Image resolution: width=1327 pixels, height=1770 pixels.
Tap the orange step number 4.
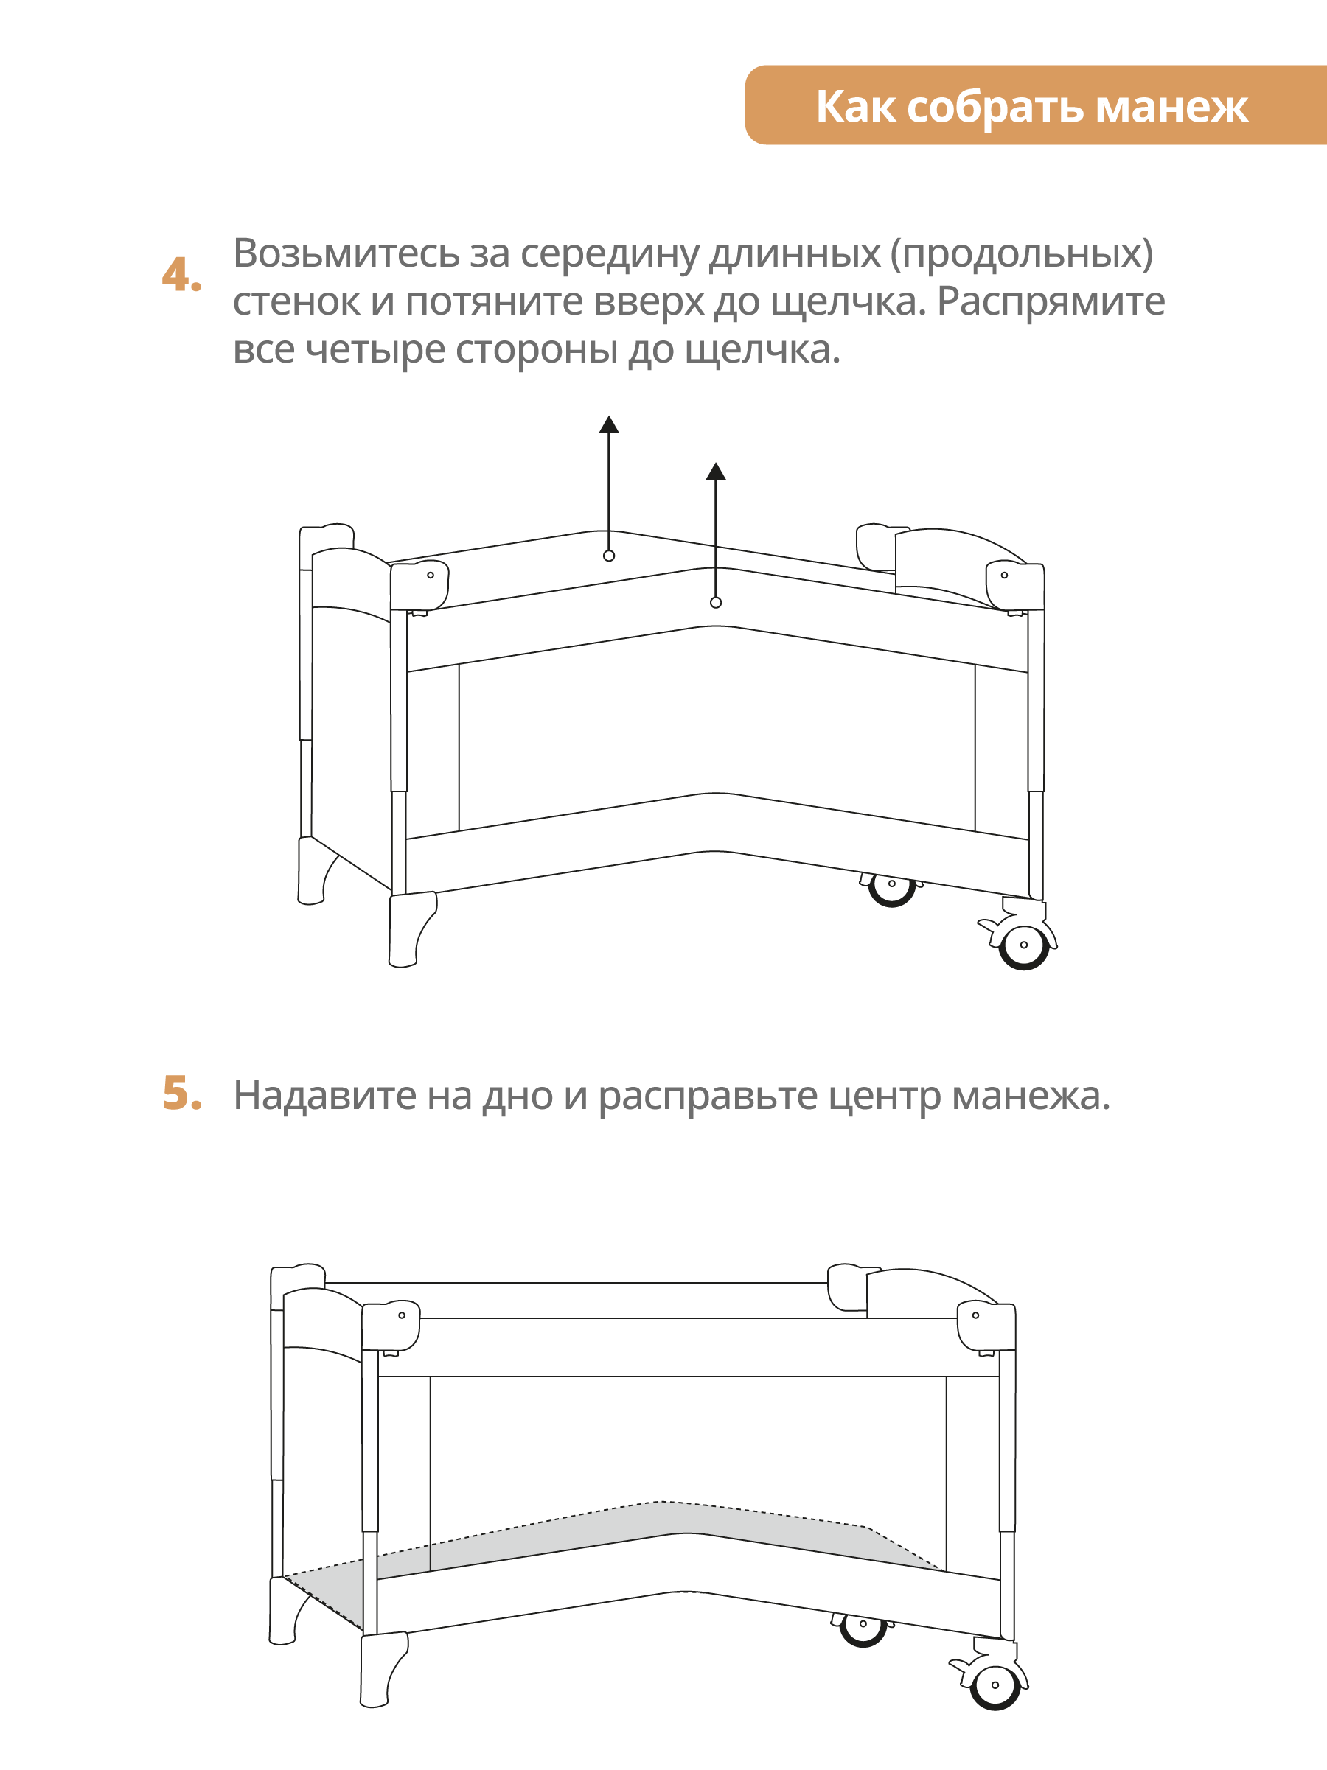click(181, 276)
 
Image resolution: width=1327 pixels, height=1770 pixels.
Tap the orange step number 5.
click(181, 1094)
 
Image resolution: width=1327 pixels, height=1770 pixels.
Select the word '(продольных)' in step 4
click(1022, 253)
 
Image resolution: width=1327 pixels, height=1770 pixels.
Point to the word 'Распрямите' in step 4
click(1050, 301)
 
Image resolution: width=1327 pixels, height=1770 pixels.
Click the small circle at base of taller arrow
click(609, 556)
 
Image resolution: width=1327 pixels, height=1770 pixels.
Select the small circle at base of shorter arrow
click(716, 603)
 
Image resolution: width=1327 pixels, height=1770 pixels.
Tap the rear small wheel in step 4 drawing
click(891, 886)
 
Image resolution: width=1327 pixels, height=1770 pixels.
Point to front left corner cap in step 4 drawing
click(419, 584)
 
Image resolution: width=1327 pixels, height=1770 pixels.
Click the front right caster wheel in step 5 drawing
click(995, 1685)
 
